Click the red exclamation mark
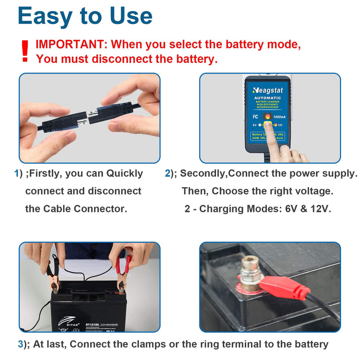(x=25, y=50)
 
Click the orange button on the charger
(x=267, y=117)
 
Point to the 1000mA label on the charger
(x=284, y=117)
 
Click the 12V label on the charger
(x=280, y=125)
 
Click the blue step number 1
(x=17, y=174)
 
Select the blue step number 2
(x=167, y=174)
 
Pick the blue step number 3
(x=20, y=344)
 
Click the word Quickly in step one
(x=124, y=174)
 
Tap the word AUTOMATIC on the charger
(x=269, y=98)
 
